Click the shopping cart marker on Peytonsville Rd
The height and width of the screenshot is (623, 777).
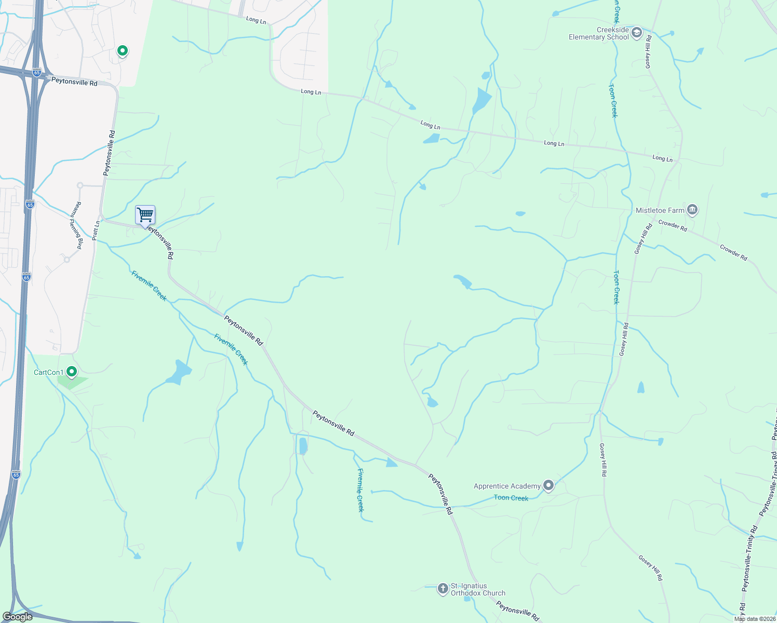pyautogui.click(x=145, y=215)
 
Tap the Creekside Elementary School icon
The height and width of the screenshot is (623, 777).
pyautogui.click(x=637, y=33)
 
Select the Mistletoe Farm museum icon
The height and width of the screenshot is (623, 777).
pyautogui.click(x=692, y=210)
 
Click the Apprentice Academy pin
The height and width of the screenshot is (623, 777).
pyautogui.click(x=548, y=485)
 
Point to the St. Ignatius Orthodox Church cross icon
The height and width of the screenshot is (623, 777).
pyautogui.click(x=443, y=588)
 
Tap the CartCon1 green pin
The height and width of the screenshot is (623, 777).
pyautogui.click(x=72, y=371)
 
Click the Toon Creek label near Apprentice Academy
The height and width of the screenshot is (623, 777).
pyautogui.click(x=511, y=498)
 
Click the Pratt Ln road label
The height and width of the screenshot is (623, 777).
pyautogui.click(x=96, y=231)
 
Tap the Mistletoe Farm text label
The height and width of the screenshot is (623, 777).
pyautogui.click(x=660, y=210)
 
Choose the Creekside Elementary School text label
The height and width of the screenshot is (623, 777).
pyautogui.click(x=599, y=34)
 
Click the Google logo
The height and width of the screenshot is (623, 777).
pyautogui.click(x=18, y=616)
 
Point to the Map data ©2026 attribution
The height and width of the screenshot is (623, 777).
pyautogui.click(x=755, y=618)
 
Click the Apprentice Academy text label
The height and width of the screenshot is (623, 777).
pyautogui.click(x=507, y=486)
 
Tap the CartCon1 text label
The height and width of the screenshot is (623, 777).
pyautogui.click(x=48, y=372)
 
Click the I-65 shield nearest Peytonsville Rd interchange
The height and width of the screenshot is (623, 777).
pyautogui.click(x=36, y=73)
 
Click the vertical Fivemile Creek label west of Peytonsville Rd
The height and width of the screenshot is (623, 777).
pyautogui.click(x=360, y=490)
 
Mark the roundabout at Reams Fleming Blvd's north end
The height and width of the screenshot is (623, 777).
pyautogui.click(x=80, y=185)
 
